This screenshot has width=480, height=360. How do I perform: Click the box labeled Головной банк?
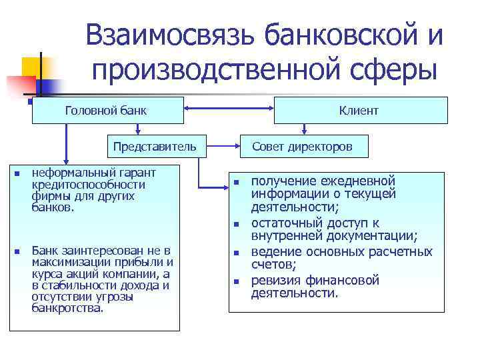click(x=107, y=110)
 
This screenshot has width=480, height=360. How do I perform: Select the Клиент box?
click(x=361, y=110)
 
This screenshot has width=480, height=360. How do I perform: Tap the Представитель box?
click(x=154, y=146)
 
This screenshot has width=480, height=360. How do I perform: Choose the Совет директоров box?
click(x=301, y=146)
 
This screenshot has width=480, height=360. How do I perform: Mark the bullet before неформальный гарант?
click(x=16, y=175)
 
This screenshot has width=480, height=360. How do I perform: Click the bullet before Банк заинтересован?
click(x=16, y=252)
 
